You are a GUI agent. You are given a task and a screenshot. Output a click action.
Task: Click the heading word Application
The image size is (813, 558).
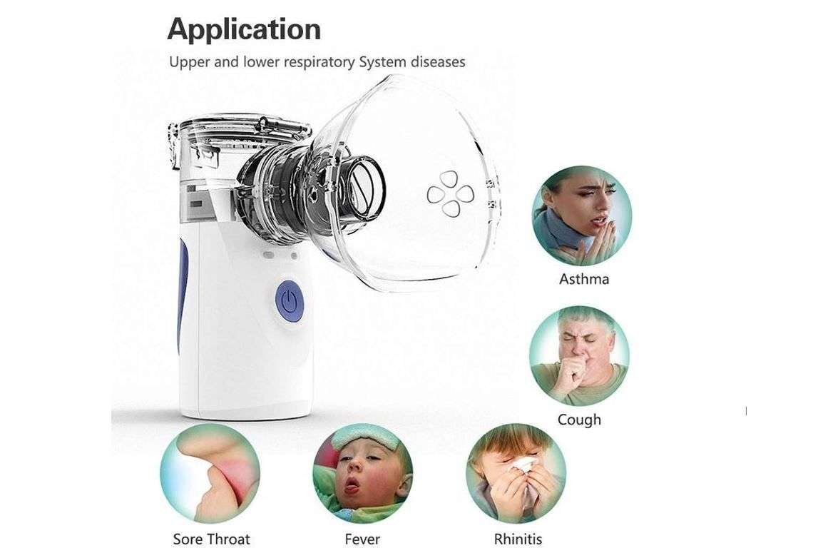[x=244, y=29]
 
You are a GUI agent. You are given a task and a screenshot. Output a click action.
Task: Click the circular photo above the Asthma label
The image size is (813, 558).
[x=581, y=215]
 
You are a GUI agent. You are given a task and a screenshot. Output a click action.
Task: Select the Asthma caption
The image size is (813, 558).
[x=584, y=279]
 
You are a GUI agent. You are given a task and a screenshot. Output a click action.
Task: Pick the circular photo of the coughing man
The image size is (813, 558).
[x=579, y=355]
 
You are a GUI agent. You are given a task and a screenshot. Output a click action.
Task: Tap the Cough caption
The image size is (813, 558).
[x=579, y=420]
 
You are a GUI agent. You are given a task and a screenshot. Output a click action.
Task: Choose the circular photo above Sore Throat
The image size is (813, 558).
[x=210, y=474]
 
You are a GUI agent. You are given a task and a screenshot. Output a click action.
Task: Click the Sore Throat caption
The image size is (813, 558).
[x=211, y=539]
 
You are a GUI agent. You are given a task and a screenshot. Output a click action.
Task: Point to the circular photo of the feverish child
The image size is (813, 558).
[x=362, y=474]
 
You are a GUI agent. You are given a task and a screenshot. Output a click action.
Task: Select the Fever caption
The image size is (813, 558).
[x=362, y=539]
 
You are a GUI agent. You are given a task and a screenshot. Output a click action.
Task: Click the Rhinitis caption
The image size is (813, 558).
[x=518, y=539]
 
